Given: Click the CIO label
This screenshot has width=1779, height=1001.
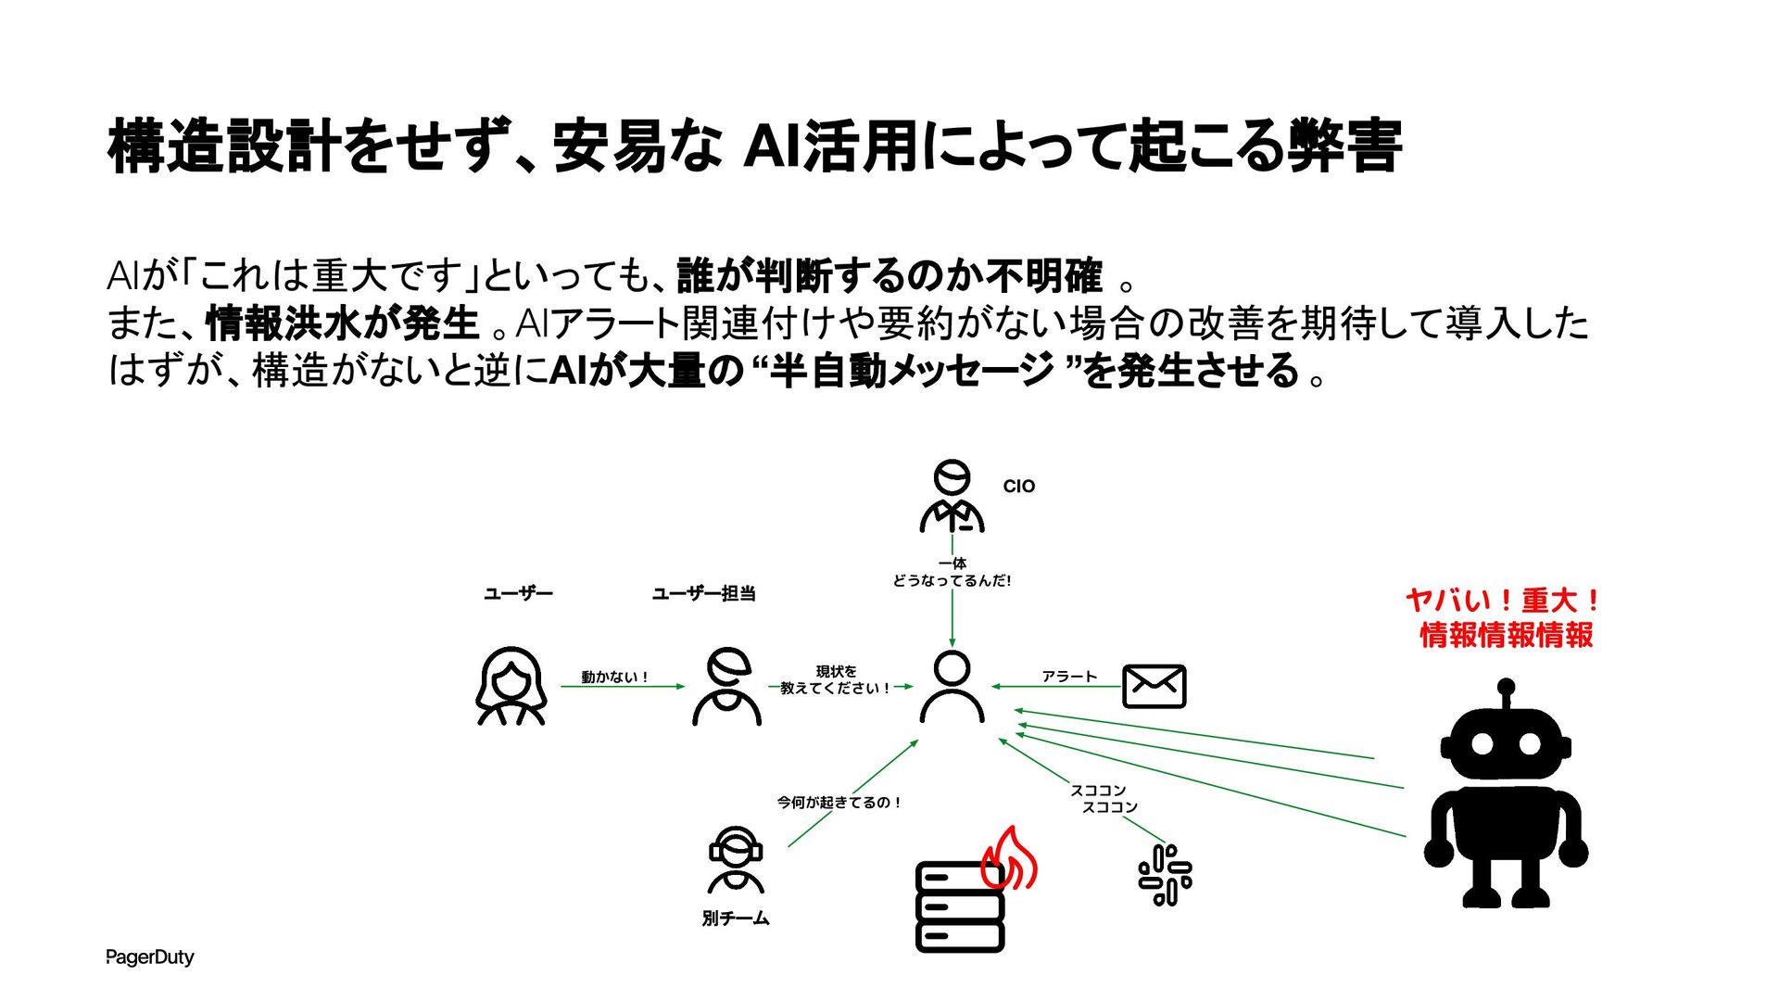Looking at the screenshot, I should (1018, 487).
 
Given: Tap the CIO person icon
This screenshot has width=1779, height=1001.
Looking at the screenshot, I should (952, 497).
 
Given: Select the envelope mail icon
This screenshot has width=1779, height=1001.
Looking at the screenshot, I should (1154, 686).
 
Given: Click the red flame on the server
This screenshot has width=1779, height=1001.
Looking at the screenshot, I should (1010, 858).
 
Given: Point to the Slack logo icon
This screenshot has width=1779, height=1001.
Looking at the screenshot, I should (1165, 874).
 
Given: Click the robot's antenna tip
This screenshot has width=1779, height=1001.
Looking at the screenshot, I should (1506, 688).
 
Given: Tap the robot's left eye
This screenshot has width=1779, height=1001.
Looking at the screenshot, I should (1482, 743).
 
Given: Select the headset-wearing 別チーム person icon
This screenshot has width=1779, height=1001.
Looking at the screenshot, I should (736, 859).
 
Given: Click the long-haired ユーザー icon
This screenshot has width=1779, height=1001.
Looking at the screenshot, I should (511, 686).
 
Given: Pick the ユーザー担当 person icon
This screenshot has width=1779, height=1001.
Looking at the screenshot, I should (727, 687).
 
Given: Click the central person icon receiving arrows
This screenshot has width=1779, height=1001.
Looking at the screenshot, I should (952, 687).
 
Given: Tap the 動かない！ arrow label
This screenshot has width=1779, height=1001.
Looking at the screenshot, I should (614, 678).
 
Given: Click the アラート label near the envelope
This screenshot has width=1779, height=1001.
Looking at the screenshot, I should (1069, 677).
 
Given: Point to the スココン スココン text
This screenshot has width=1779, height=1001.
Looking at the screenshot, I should (1104, 799).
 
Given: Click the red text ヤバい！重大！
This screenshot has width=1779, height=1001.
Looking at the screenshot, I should (1504, 601).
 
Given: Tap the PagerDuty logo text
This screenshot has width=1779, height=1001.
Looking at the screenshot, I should (150, 957).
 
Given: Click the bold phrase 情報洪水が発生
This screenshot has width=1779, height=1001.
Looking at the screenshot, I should (342, 323).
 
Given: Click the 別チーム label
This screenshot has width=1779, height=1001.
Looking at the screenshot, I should (736, 919).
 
